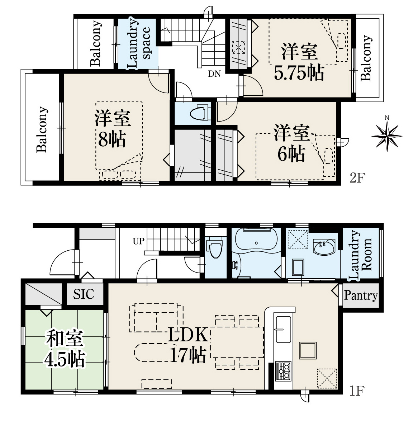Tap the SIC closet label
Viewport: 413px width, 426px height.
pos(84,294)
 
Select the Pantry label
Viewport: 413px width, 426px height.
pos(361,295)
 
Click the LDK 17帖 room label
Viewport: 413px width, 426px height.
pos(188,345)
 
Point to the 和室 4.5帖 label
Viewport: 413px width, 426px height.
pos(65,349)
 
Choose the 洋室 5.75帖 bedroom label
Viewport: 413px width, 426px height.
pos(299,61)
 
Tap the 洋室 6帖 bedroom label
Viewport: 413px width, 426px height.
pos(291,143)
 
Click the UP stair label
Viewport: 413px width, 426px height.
pos(139,241)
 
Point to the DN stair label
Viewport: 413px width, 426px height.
pos(214,74)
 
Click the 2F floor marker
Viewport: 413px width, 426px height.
pos(357,178)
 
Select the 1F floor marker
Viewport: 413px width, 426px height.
pos(356,391)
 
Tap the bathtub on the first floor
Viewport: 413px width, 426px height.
pos(256,242)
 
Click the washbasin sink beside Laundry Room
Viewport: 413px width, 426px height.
pos(324,247)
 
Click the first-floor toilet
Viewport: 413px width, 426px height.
pos(215,247)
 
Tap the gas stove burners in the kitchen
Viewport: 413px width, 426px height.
pos(283,371)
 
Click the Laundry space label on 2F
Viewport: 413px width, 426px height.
pos(139,43)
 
